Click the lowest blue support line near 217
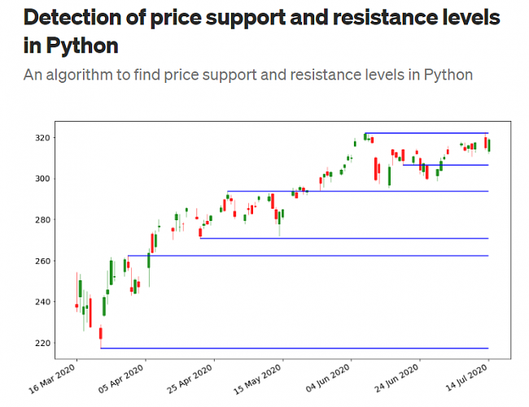click(293, 348)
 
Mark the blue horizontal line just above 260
click(309, 256)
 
